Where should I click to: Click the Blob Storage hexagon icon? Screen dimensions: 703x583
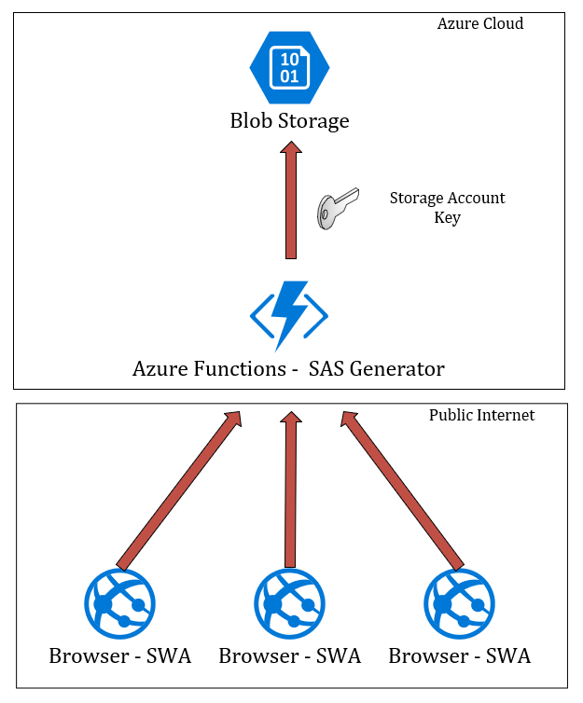coord(289,67)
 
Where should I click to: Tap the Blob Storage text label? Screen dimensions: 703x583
coord(289,120)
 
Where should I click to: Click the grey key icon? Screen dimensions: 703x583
coord(335,208)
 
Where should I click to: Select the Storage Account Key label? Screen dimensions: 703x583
coord(447,208)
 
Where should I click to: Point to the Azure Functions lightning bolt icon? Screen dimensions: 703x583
coord(289,315)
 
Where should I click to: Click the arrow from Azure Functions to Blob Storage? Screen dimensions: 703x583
coord(290,205)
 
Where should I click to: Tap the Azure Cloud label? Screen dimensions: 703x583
coord(480,23)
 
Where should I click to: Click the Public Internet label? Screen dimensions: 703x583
coord(481,415)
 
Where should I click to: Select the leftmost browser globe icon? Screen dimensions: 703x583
coord(119,604)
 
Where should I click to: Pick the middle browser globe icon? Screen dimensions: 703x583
coord(289,604)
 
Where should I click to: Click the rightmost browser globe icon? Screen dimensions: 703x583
coord(459,604)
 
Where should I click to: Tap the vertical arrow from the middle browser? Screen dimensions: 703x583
coord(290,489)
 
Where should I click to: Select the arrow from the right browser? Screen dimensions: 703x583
coord(402,489)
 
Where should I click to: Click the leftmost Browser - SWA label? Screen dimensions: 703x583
coord(119,655)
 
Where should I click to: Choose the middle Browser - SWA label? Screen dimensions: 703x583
coord(289,655)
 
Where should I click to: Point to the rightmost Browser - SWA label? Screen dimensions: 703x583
coord(459,655)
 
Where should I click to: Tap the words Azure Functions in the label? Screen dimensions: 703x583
coord(208,369)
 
